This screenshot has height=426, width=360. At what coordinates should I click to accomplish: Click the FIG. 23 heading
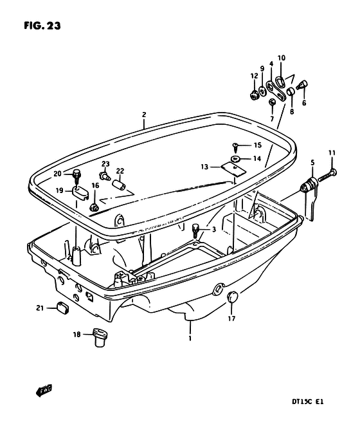(x=42, y=26)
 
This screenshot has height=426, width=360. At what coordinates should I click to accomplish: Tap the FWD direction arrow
(x=44, y=390)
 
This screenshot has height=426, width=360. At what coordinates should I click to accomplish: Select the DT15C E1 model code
(x=307, y=402)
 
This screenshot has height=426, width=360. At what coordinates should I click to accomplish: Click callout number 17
(x=231, y=318)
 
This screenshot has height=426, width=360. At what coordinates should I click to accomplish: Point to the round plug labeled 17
(x=232, y=297)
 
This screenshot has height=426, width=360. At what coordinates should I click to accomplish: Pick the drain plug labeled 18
(x=100, y=337)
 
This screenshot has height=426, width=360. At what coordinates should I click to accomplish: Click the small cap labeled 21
(x=62, y=307)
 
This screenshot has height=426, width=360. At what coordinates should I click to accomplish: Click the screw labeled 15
(x=235, y=147)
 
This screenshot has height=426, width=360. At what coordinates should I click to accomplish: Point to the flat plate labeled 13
(x=233, y=169)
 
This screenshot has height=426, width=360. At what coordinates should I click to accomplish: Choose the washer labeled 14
(x=235, y=158)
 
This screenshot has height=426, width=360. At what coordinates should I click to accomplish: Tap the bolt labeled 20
(x=76, y=176)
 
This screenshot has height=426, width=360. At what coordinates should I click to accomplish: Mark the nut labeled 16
(x=94, y=208)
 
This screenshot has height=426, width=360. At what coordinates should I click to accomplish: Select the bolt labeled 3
(x=195, y=230)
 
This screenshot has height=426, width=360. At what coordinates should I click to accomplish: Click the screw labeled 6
(x=301, y=86)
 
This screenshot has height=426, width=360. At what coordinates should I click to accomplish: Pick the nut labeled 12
(x=254, y=95)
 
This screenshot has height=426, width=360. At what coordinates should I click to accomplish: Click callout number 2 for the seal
(x=144, y=115)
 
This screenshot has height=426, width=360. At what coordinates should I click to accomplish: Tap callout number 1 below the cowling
(x=190, y=338)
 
